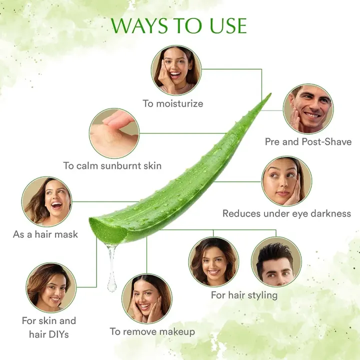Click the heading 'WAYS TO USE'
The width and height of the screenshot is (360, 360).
pyautogui.click(x=178, y=26)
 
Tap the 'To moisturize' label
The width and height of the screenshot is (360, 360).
pyautogui.click(x=173, y=104)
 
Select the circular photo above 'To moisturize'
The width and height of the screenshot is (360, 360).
pyautogui.click(x=176, y=70)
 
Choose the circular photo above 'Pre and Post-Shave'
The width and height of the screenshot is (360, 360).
pyautogui.click(x=307, y=109)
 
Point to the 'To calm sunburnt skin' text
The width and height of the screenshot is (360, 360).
pyautogui.click(x=112, y=165)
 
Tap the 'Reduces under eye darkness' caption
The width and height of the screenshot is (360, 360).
pyautogui.click(x=286, y=213)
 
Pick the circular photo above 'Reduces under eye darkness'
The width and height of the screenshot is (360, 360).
pyautogui.click(x=286, y=180)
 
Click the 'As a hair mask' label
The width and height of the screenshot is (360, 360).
pyautogui.click(x=45, y=234)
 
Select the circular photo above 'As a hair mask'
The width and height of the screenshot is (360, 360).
pyautogui.click(x=46, y=201)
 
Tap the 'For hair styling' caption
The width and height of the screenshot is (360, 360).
pyautogui.click(x=244, y=295)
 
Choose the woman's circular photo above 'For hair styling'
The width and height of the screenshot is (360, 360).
pyautogui.click(x=213, y=261)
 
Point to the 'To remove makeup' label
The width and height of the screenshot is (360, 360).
pyautogui.click(x=152, y=331)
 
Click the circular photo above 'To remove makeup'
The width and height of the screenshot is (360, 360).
pyautogui.click(x=146, y=298)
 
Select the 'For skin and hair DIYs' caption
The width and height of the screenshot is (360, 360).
pyautogui.click(x=49, y=327)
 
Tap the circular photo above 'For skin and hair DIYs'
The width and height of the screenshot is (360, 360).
pyautogui.click(x=50, y=287)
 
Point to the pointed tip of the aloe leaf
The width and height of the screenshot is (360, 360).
pyautogui.click(x=269, y=94)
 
